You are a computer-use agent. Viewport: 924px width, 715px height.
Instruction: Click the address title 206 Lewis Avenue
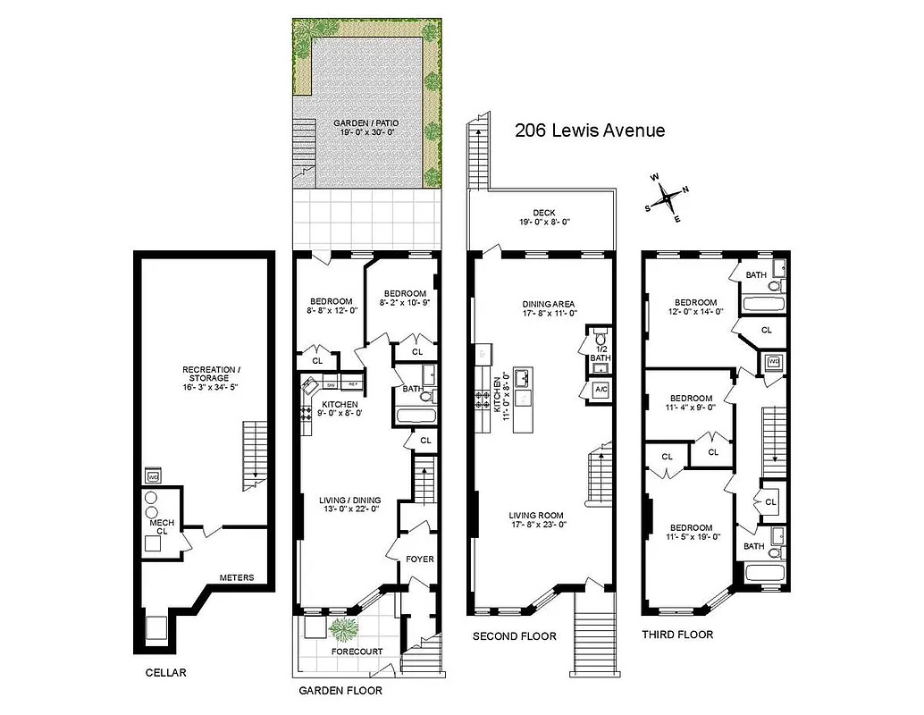click(590, 130)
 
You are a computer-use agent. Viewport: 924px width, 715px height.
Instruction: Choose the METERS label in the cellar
click(237, 578)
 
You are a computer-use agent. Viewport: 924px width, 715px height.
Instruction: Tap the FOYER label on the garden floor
click(419, 559)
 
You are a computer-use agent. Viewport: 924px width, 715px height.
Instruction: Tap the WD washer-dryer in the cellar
click(153, 476)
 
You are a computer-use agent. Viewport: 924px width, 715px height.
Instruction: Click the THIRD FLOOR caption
click(677, 635)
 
